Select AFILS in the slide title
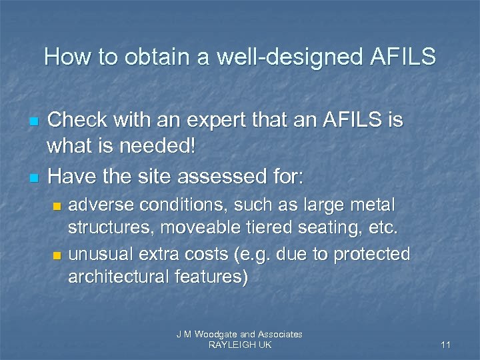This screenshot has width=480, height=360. point(400,57)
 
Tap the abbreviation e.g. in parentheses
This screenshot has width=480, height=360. point(257,255)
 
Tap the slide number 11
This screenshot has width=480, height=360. point(446,345)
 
